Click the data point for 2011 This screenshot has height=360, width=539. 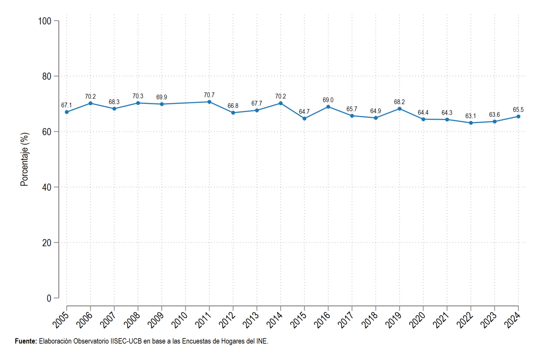[x=209, y=102]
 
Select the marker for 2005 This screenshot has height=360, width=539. [x=66, y=112]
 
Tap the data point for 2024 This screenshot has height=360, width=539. [x=518, y=116]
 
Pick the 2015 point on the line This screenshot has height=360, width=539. [x=305, y=119]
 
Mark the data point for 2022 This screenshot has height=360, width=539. [x=471, y=123]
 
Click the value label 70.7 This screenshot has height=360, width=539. [x=209, y=95]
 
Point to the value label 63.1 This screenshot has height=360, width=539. [x=471, y=116]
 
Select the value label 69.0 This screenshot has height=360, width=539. [x=328, y=100]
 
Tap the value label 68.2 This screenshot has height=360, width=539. [x=399, y=102]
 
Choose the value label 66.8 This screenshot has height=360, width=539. [x=233, y=106]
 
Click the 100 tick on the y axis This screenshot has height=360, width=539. [x=45, y=21]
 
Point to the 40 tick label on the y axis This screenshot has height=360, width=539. [x=47, y=187]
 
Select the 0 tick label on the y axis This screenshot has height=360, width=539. [x=49, y=298]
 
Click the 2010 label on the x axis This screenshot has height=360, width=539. [x=179, y=320]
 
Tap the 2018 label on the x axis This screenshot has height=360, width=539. [x=369, y=320]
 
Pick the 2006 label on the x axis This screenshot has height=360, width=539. [x=84, y=320]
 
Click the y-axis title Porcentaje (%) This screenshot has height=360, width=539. [x=24, y=160]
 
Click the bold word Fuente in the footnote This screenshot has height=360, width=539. [x=26, y=341]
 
